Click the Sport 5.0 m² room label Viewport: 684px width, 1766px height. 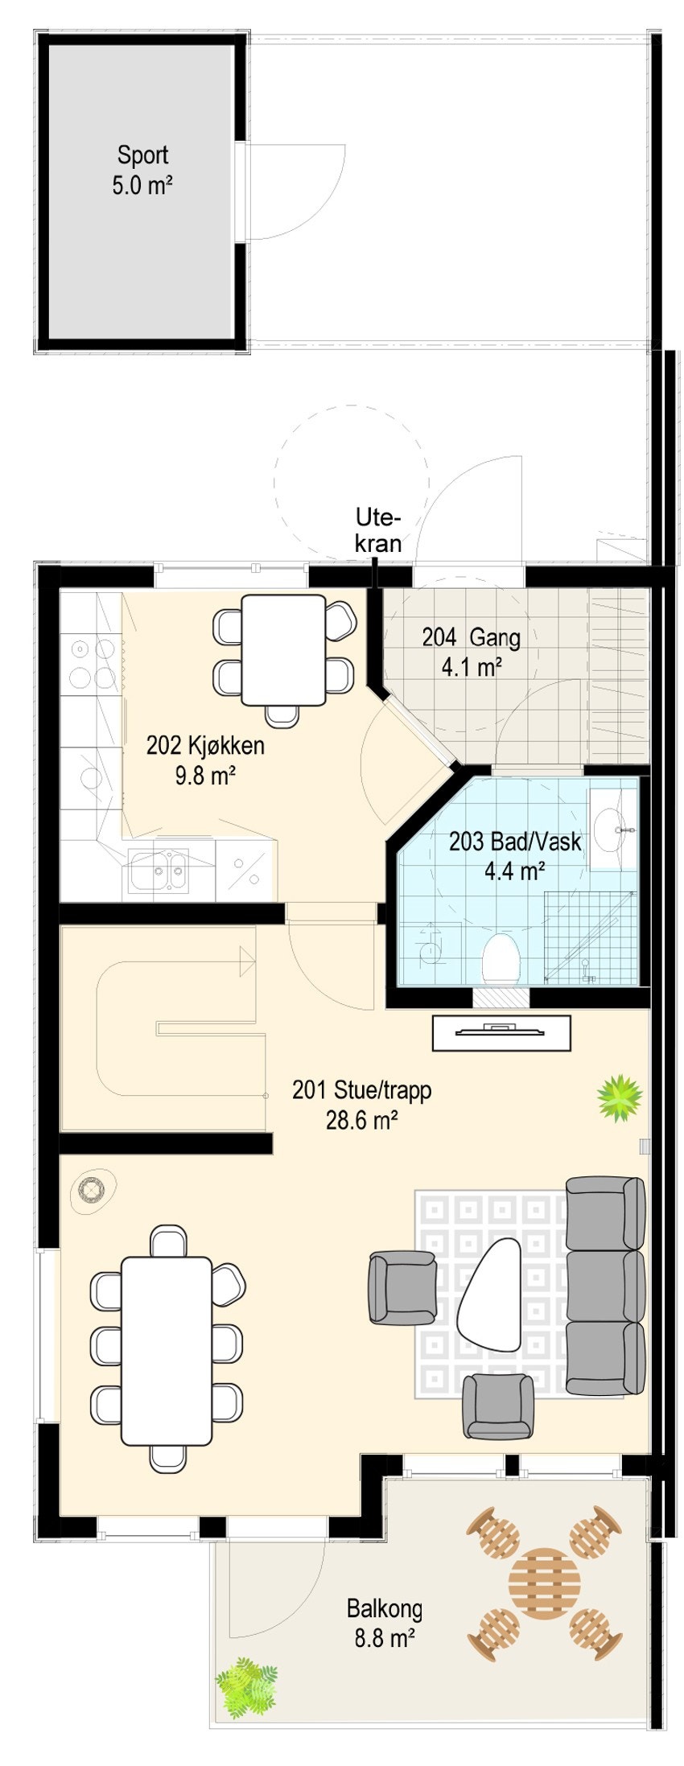142,170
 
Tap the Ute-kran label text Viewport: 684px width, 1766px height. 378,530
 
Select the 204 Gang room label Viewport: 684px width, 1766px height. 472,652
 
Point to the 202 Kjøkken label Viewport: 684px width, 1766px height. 205,760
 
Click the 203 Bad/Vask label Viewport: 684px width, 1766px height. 515,855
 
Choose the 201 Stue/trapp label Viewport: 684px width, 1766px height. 361,1105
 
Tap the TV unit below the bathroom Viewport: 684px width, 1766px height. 502,1033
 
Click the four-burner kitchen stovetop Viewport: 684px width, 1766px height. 91,662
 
